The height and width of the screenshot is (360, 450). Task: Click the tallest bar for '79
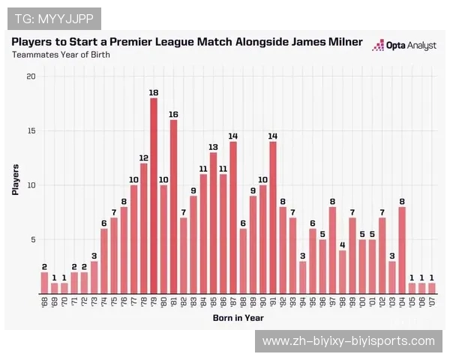[154, 195]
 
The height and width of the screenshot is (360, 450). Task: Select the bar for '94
[303, 277]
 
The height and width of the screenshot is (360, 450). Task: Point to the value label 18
[154, 92]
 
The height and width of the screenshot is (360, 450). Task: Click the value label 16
[173, 114]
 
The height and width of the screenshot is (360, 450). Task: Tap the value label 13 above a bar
[213, 146]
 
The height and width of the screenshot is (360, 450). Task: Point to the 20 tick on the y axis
[30, 76]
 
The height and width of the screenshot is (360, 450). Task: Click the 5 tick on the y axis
[32, 240]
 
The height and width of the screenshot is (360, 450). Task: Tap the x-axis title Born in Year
[238, 318]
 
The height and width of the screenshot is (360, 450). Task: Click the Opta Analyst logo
[404, 45]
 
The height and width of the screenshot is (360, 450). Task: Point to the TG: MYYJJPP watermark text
[52, 17]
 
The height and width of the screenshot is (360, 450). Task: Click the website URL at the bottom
[348, 341]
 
